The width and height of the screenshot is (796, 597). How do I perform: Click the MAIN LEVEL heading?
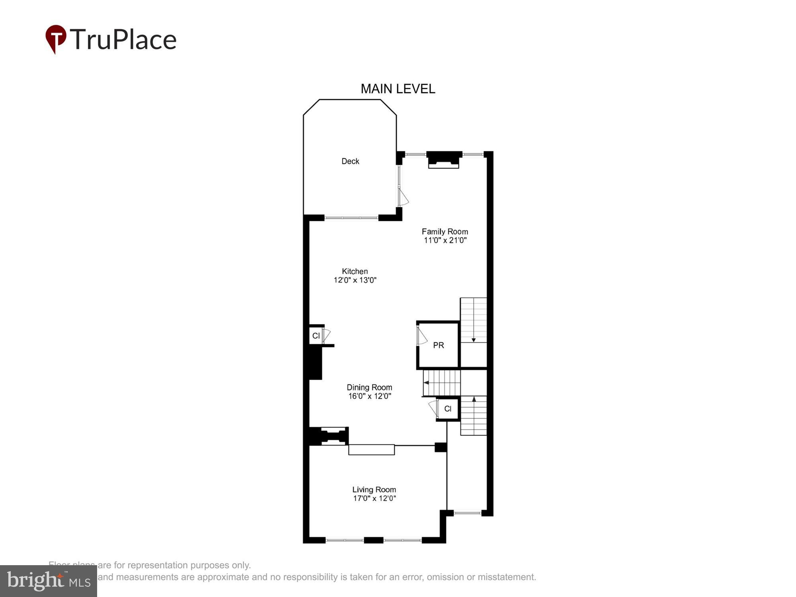point(398,89)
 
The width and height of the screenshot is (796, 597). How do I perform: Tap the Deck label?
point(350,161)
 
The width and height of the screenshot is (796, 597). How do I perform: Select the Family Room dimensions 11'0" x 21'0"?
point(445,240)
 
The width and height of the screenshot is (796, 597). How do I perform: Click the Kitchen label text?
point(355,271)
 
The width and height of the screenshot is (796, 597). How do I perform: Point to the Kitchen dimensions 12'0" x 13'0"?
point(355,280)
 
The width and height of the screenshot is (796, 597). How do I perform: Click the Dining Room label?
point(369,387)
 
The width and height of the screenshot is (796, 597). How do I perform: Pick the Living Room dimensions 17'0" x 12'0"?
point(374,498)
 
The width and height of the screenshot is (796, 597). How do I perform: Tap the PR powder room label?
point(438,345)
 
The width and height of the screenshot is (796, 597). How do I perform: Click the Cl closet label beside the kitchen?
point(316,336)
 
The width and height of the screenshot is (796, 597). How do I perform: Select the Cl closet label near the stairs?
point(448,409)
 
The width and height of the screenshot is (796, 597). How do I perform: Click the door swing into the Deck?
point(403,197)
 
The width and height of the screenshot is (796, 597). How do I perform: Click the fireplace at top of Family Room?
point(444,160)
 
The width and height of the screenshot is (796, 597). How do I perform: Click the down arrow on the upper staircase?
point(474,339)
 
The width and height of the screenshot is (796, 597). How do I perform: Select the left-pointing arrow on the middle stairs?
point(426,383)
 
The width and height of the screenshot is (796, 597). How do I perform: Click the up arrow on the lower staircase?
point(474,399)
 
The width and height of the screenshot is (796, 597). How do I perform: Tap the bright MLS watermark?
point(48,581)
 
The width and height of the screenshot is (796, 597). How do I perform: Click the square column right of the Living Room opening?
point(441,447)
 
